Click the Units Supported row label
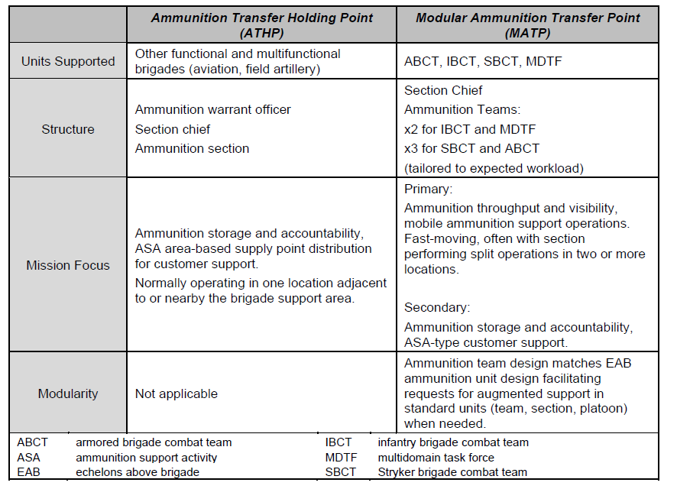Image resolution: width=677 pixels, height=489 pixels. (68, 61)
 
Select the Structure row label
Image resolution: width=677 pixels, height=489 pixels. (68, 129)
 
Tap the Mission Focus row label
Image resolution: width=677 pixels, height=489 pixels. (68, 265)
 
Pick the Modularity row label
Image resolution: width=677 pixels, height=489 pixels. (68, 393)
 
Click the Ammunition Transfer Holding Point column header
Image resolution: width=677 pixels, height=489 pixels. (261, 24)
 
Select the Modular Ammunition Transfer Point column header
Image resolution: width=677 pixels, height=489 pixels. (528, 24)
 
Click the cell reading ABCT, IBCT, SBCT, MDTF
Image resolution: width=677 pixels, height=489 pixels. (483, 62)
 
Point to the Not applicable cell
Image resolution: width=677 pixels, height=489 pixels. (176, 393)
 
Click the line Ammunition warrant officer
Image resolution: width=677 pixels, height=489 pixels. (212, 109)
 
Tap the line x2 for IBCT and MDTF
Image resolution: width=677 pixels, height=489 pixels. (471, 129)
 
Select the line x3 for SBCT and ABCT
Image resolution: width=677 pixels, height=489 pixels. (471, 148)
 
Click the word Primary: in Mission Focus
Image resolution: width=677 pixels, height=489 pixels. (428, 188)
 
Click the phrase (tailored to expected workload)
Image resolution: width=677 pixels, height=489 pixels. (494, 168)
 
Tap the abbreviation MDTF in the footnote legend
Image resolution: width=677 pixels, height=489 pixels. (341, 457)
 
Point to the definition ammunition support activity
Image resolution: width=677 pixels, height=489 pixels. (146, 457)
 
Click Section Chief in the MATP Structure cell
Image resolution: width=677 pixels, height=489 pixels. (443, 90)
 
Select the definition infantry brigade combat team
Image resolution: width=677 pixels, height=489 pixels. (453, 442)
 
